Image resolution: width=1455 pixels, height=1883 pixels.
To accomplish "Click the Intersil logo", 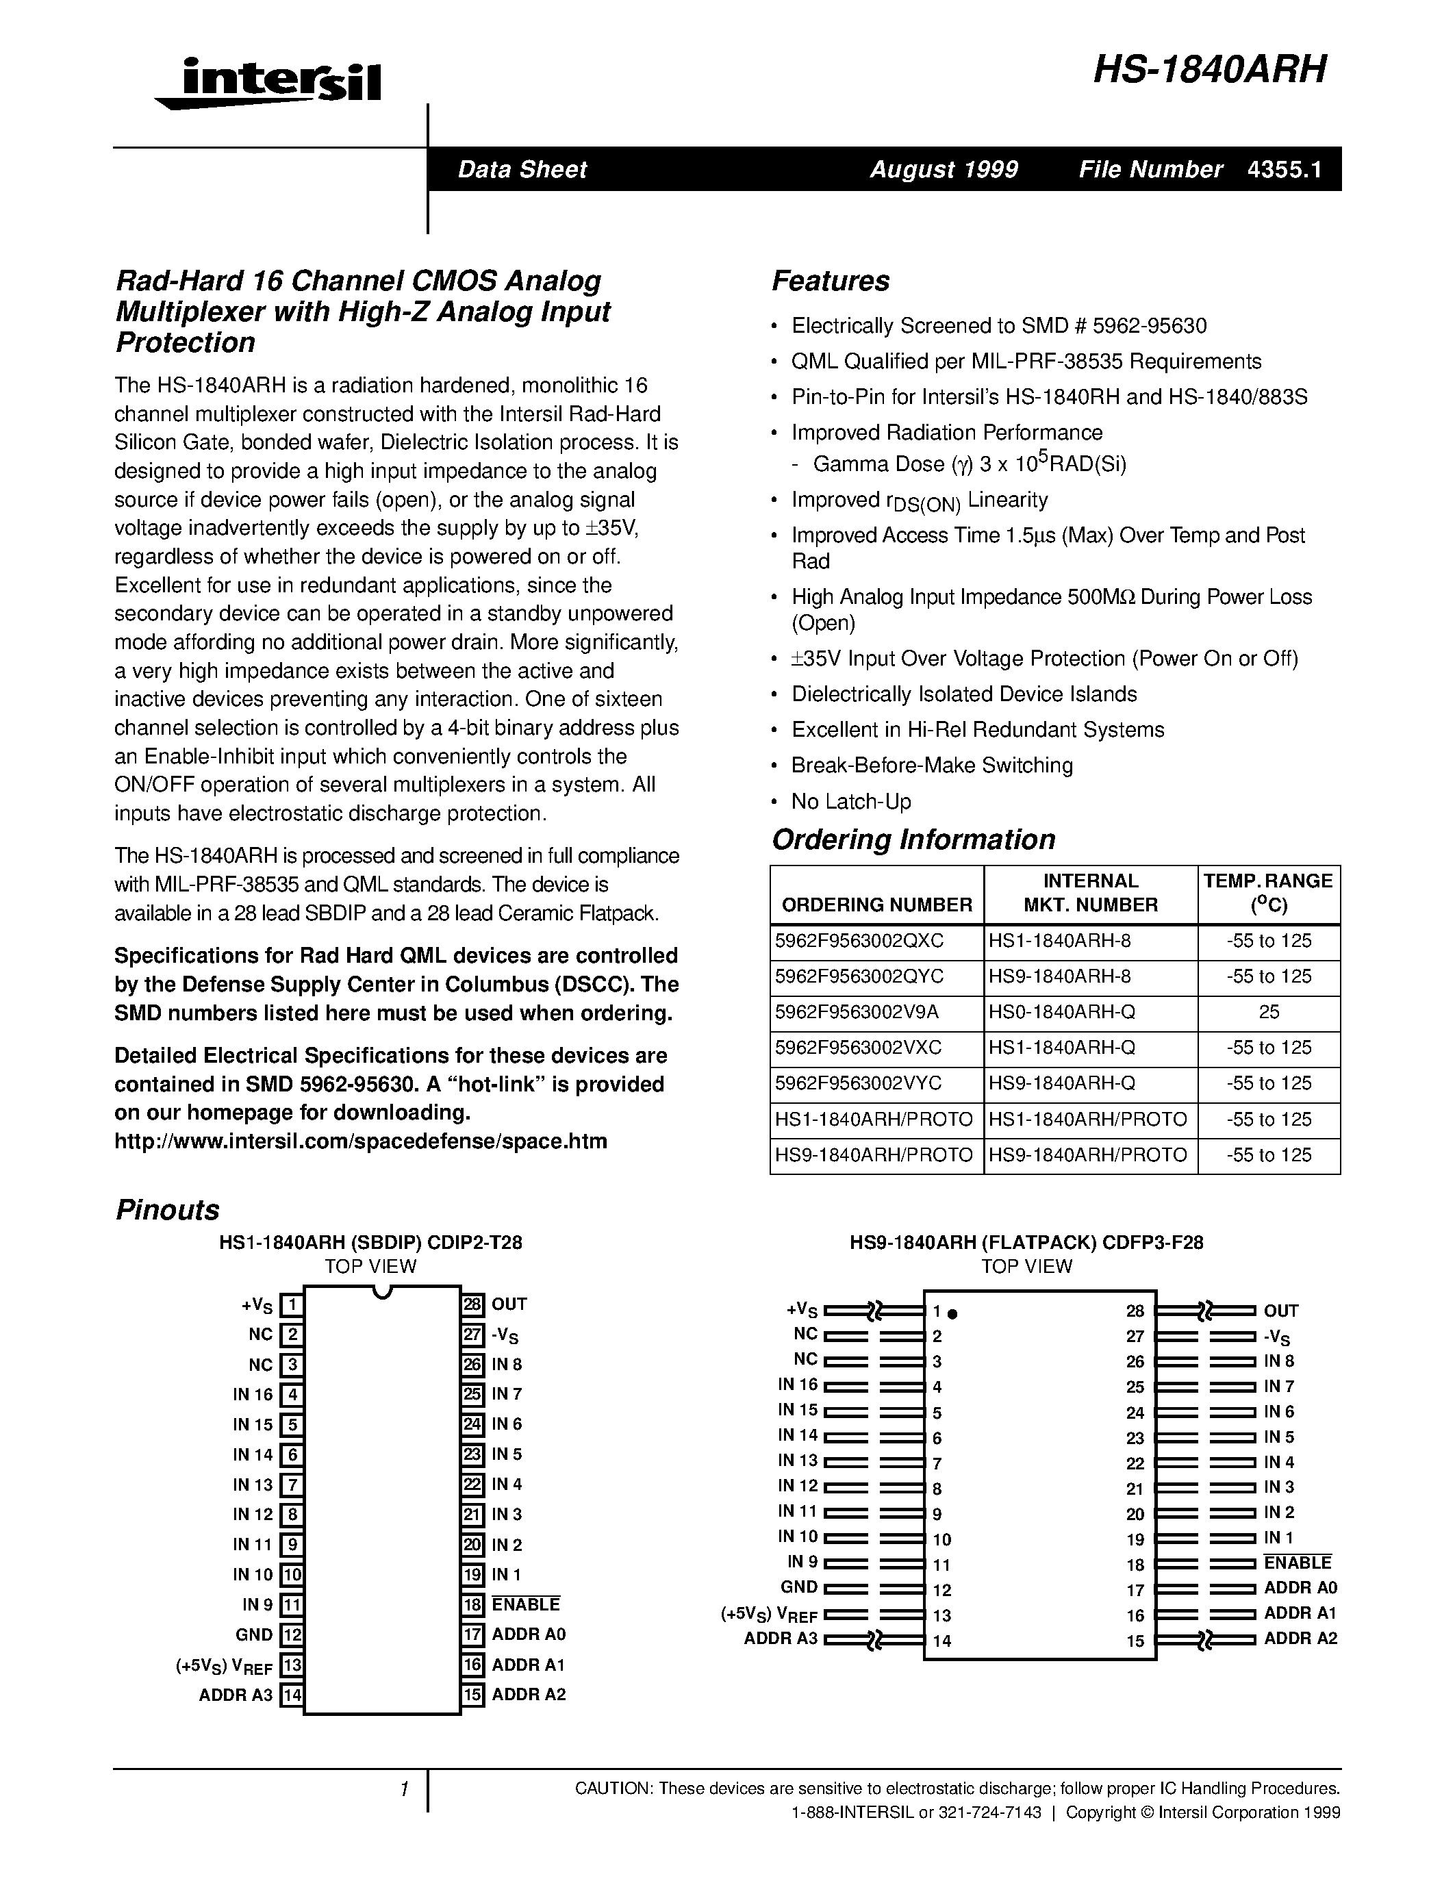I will point(269,84).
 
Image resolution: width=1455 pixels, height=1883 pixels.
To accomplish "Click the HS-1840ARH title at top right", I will point(1209,70).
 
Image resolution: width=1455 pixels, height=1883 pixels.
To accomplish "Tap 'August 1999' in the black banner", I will point(943,169).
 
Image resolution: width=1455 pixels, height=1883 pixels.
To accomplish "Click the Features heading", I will point(830,281).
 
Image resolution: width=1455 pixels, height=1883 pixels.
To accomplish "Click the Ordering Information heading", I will point(913,839).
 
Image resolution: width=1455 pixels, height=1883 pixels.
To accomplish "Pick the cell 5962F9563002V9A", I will point(857,1012).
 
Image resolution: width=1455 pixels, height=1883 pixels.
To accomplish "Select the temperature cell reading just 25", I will point(1269,1012).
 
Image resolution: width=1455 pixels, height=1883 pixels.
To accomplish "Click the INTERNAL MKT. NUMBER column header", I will point(1090,892).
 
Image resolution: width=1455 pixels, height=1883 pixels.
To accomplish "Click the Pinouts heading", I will point(167,1210).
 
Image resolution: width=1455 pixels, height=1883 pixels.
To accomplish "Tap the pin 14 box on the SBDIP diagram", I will point(292,1694).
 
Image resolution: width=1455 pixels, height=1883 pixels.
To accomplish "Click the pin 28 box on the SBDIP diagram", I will point(472,1304).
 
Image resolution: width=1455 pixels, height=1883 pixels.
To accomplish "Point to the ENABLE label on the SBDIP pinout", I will point(525,1604).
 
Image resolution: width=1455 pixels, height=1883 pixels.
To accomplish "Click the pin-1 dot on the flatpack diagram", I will point(952,1314).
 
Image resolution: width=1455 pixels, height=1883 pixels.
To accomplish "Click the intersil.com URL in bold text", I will point(360,1141).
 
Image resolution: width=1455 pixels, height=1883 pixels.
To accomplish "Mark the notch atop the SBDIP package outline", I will point(382,1291).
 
